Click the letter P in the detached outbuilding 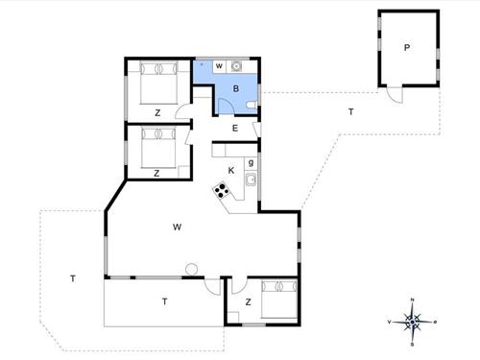pos(407,48)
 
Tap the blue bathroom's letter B pos(236,88)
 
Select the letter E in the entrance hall pos(235,129)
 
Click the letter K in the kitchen pos(231,171)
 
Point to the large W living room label pos(177,228)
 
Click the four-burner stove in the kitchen pos(222,190)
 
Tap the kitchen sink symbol pos(251,180)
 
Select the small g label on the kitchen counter pos(251,163)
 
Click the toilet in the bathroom pos(252,105)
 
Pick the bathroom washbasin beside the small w pos(236,66)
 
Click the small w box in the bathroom pos(219,66)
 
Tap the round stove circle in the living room pos(192,269)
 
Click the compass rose pos(412,322)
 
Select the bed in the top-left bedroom pos(158,83)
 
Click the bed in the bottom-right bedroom pos(279,300)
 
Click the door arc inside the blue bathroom pos(228,103)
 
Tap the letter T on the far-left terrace pos(73,278)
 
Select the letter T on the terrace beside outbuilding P pos(351,112)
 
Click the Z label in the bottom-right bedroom pos(248,302)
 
